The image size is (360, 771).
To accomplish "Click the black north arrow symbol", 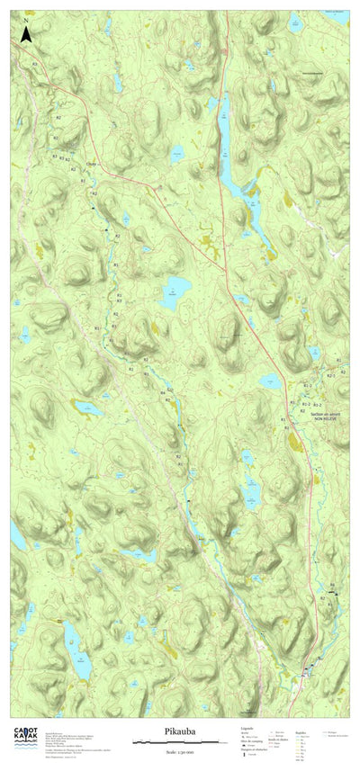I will [27, 35].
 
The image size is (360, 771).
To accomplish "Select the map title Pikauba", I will [180, 732].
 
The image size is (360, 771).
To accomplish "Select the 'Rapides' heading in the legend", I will [303, 730].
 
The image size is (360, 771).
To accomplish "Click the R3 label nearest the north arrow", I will [35, 64].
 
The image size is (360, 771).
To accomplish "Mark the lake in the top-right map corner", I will [337, 16].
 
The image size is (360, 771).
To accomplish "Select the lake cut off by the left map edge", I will [16, 537].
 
